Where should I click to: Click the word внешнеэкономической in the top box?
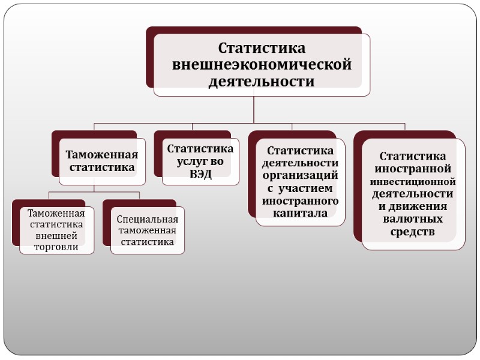point(262,65)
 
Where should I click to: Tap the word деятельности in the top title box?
point(262,82)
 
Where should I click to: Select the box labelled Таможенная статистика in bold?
point(102,161)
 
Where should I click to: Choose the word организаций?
point(300,175)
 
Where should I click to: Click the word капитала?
point(300,213)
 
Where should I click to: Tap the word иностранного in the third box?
point(300,200)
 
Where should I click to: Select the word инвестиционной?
point(413,181)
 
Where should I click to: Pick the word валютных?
point(413,220)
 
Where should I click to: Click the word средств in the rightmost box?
point(413,232)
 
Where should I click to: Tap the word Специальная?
point(148,219)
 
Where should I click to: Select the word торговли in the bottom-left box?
point(56,247)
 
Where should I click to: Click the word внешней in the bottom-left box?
point(56,235)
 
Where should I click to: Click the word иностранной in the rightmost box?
point(413,169)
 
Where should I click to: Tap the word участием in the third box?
point(306,188)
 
